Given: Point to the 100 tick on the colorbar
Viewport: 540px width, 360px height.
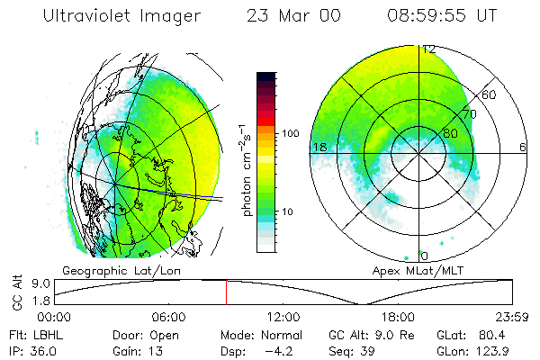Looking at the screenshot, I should [292, 133].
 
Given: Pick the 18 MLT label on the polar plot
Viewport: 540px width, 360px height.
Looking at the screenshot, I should [318, 146].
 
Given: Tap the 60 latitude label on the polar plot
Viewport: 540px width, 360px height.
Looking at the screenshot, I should [490, 94].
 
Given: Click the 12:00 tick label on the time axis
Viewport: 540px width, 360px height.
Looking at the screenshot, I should [283, 317].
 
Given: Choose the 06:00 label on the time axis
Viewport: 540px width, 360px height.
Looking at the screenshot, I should [168, 317].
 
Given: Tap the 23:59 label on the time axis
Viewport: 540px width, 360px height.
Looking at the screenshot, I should [512, 317].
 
